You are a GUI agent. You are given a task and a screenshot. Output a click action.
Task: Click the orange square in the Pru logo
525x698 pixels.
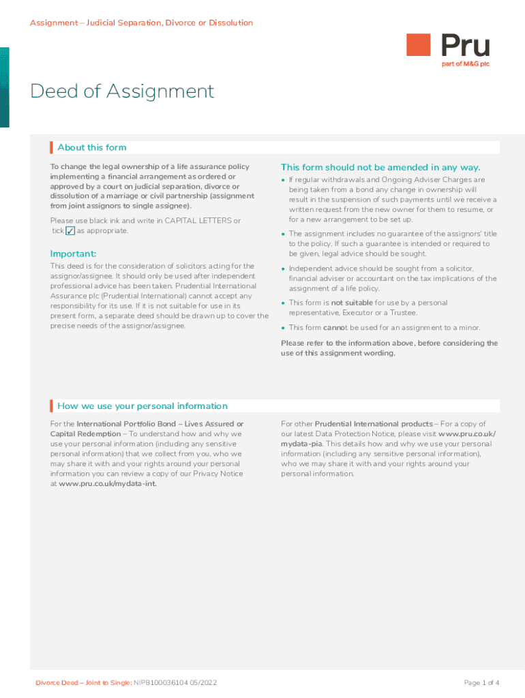419,45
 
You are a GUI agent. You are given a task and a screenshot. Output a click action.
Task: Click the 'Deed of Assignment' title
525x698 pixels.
122,91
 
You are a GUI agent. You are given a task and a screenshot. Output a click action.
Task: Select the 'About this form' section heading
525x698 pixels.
92,147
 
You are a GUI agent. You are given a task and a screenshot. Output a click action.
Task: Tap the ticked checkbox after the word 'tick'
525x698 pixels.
70,231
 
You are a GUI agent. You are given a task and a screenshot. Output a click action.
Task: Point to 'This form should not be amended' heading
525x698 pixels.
380,167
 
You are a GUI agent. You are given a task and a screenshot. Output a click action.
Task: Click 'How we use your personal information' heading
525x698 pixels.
142,406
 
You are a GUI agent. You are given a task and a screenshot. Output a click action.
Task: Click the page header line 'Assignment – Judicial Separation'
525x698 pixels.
141,23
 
